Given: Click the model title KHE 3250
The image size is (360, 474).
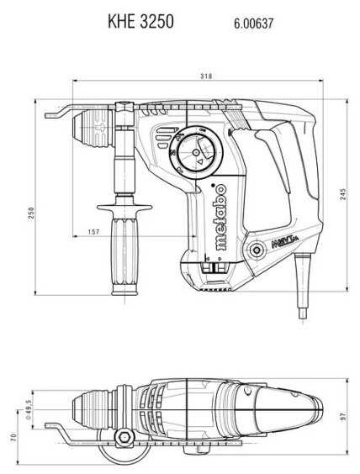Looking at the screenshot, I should pyautogui.click(x=140, y=21).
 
